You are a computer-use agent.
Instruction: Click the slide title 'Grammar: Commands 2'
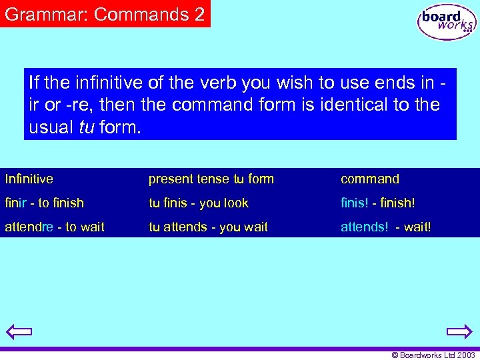pos(105,14)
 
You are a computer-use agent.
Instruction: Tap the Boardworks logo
pos(447,22)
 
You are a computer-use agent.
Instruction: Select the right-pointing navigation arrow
pos(459,332)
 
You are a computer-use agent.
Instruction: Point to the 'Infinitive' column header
pos(29,179)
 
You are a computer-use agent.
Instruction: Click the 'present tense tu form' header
pos(211,179)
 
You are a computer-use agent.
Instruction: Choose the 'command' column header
pos(370,179)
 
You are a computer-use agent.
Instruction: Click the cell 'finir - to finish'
pos(45,203)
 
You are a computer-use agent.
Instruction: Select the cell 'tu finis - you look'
pos(198,203)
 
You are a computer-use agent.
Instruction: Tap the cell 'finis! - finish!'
pos(378,203)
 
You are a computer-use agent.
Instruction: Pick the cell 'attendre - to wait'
pos(55,227)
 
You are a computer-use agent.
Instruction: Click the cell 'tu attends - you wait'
pos(208,227)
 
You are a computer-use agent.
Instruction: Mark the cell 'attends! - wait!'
pos(386,227)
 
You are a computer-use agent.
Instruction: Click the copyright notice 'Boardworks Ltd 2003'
pos(433,355)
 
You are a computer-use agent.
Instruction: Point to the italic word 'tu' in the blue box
pos(86,127)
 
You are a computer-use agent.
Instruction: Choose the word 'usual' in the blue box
pos(51,127)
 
